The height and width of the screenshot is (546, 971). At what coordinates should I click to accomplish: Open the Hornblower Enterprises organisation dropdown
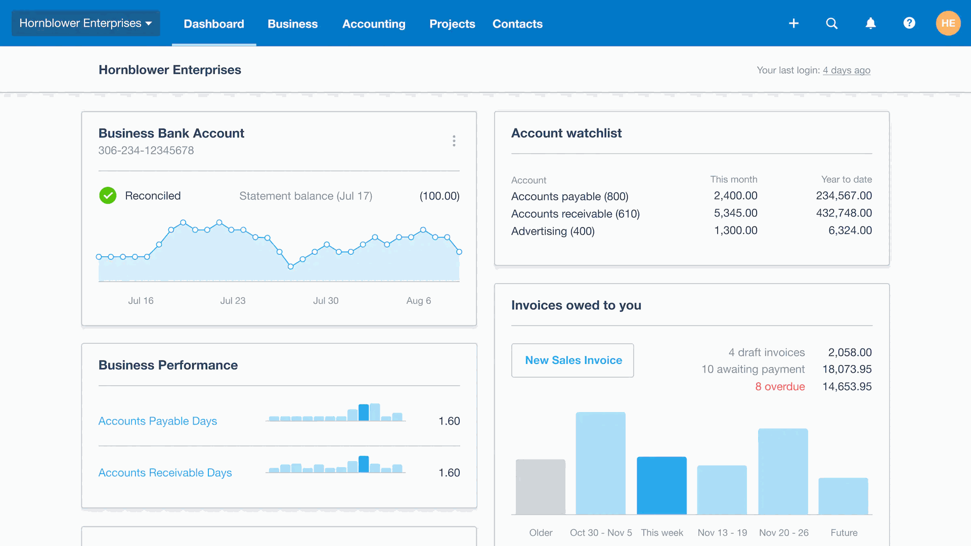pos(85,23)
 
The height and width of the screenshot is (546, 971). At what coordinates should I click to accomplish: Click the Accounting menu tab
pos(374,24)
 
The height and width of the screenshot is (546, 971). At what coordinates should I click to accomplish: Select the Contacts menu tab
pos(517,24)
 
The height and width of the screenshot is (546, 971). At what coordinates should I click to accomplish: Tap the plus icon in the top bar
pos(793,23)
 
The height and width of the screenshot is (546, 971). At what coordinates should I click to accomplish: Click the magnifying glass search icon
pos(832,23)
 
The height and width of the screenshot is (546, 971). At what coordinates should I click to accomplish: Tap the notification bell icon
pos(870,23)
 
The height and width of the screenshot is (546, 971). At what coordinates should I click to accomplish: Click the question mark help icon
pos(909,23)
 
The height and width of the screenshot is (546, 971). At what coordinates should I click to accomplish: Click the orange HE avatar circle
pos(948,23)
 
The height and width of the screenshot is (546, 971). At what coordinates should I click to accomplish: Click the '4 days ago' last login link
pos(846,70)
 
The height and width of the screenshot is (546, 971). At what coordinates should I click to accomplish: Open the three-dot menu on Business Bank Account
pos(454,141)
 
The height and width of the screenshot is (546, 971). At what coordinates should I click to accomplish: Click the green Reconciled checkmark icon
pos(108,196)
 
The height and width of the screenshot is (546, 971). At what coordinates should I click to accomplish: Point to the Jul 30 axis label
pos(326,301)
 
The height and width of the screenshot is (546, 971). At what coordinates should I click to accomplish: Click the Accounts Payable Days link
pos(157,421)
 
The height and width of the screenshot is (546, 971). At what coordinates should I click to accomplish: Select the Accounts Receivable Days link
pos(165,473)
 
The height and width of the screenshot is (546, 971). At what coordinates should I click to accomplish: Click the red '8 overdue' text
pos(780,387)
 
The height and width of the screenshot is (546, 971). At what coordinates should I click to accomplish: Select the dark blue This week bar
pos(661,485)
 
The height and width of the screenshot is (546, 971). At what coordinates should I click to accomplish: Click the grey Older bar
pos(541,486)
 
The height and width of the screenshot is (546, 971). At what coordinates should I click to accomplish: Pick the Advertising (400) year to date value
pos(850,231)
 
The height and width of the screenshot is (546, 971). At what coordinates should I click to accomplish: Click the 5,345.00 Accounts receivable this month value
pos(735,213)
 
